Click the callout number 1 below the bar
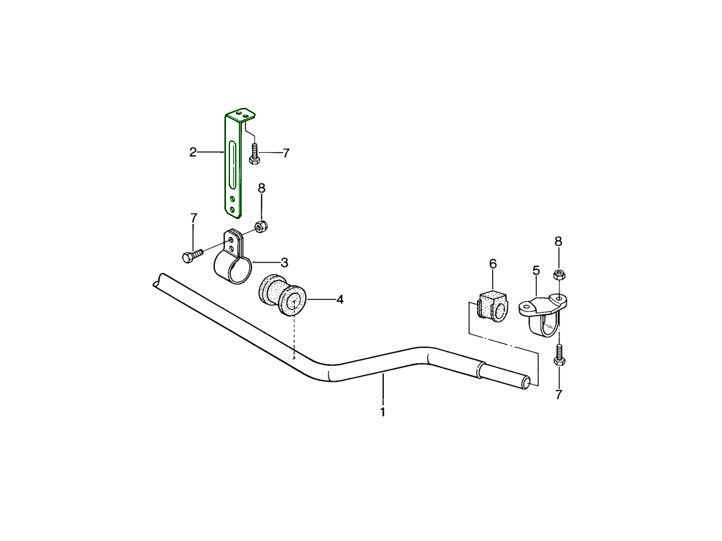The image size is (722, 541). (383, 412)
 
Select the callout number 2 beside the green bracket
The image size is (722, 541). (193, 152)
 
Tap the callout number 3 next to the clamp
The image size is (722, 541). (285, 263)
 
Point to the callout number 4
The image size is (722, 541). (340, 299)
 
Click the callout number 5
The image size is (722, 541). (536, 270)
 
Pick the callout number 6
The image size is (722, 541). (493, 263)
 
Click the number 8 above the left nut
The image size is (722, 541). (262, 188)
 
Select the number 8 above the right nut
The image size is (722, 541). (558, 242)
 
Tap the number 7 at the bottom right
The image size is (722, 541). (559, 395)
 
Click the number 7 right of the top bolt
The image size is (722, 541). (286, 153)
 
